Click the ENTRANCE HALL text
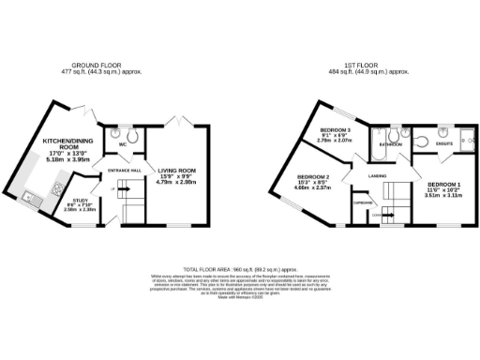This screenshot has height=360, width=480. [x=124, y=170]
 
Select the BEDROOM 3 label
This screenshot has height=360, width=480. [x=335, y=129]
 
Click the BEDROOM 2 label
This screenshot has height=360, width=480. [x=315, y=176]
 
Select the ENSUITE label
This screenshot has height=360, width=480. [x=443, y=143]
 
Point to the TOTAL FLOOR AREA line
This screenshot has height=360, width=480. [x=239, y=268]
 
